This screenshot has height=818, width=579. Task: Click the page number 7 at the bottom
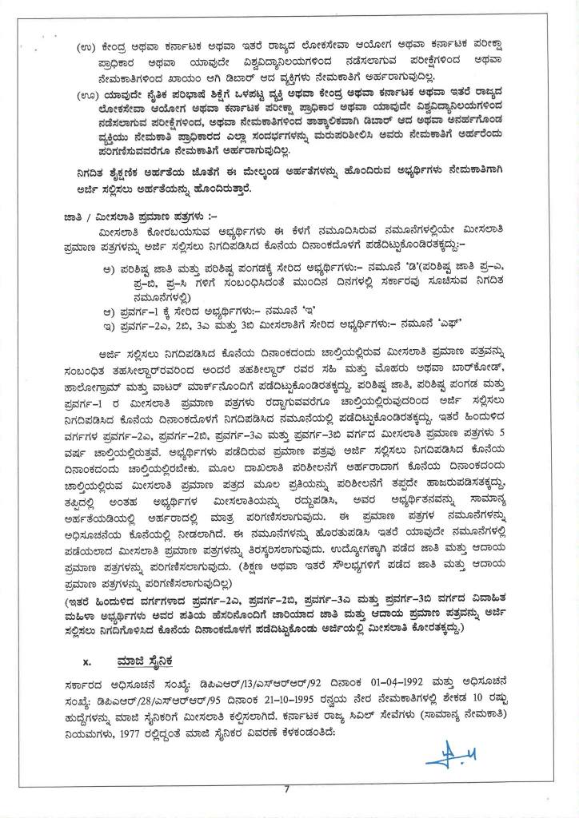coord(286,789)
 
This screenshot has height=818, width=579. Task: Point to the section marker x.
coord(87,662)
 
